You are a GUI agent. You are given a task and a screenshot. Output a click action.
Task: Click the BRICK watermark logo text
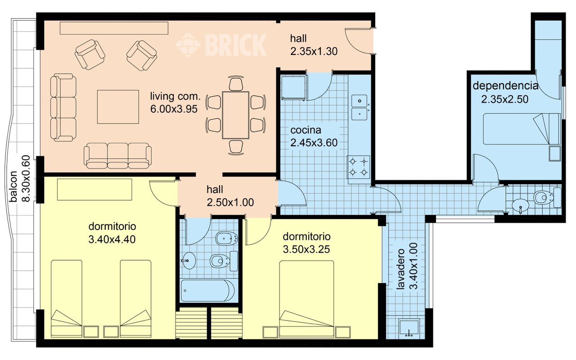236,45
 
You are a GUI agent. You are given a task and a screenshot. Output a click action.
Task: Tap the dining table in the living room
235,115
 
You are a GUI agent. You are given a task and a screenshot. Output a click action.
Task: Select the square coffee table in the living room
118,107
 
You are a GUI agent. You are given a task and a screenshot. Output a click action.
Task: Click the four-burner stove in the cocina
359,167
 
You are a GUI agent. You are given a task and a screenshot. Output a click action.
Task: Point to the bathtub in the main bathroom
208,291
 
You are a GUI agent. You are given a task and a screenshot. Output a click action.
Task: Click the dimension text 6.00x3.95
174,109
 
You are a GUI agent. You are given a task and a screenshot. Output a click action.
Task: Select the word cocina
306,130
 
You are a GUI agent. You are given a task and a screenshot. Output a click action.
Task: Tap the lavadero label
400,269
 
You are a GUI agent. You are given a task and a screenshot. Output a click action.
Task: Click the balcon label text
13,186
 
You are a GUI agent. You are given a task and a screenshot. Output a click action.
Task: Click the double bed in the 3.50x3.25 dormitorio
306,299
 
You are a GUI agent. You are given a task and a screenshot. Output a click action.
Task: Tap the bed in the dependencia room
522,129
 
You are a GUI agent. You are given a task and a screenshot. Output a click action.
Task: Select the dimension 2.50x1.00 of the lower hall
230,202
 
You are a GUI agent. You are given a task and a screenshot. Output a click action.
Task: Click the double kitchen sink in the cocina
360,108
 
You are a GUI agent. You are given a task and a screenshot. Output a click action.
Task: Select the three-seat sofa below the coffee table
118,156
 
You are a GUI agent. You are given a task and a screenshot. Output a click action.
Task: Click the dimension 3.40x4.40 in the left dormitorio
112,240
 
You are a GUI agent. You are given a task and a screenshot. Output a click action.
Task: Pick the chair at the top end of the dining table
236,83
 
